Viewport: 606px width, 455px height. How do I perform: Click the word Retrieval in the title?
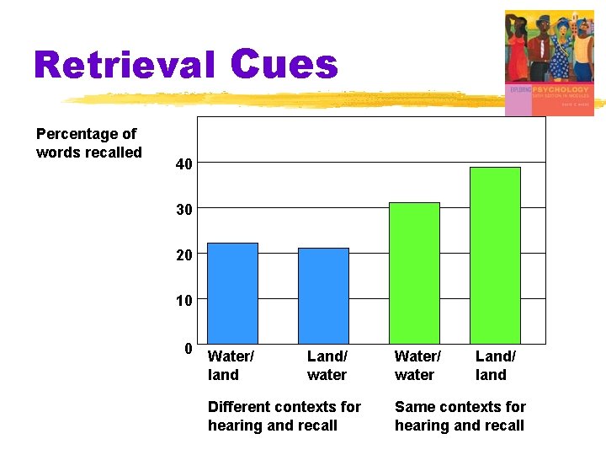[x=125, y=66]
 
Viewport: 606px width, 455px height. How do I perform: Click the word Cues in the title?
[x=283, y=64]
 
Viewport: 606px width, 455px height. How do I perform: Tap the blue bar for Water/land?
[x=232, y=293]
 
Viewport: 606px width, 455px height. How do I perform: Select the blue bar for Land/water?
[x=323, y=296]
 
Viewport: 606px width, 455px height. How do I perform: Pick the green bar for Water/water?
[x=414, y=273]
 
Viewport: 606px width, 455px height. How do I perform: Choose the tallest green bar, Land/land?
[x=495, y=255]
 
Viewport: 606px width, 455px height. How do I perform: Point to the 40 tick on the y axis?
[x=183, y=163]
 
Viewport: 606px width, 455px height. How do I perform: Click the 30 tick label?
[x=183, y=209]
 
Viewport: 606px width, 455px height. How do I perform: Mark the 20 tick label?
[x=183, y=254]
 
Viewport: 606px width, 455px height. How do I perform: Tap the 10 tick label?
[x=183, y=300]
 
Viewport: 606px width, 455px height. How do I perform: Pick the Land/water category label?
[x=327, y=366]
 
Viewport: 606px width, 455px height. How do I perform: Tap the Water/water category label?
[x=417, y=366]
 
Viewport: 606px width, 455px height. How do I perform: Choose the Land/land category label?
[x=496, y=366]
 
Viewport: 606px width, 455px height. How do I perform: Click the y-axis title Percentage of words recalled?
[x=88, y=143]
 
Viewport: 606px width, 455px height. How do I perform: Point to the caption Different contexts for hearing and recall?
[x=284, y=416]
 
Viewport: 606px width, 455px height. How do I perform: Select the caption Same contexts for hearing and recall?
[x=460, y=416]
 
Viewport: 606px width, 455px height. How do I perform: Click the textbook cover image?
[x=549, y=62]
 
